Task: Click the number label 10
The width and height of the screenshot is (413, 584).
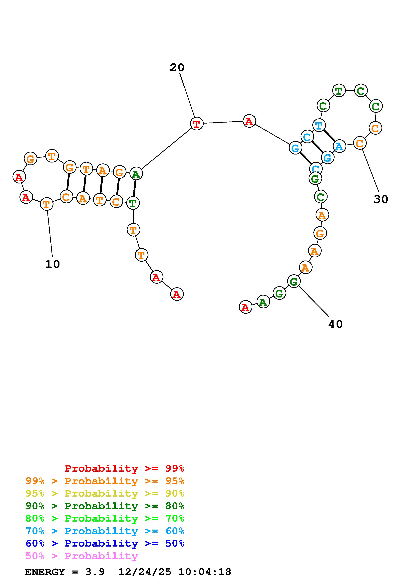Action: [53, 264]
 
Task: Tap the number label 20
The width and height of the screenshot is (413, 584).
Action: [177, 67]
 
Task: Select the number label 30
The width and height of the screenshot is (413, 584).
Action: [381, 199]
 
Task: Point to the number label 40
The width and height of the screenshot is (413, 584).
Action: [335, 324]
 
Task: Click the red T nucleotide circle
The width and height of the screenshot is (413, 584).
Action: [197, 124]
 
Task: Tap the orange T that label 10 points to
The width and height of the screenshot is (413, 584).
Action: [47, 204]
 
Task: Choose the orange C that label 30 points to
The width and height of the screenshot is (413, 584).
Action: [360, 143]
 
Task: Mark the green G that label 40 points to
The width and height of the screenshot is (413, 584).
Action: [294, 282]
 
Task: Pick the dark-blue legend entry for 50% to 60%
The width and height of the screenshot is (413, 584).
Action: [105, 543]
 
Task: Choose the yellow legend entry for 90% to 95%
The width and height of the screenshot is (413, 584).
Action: [105, 493]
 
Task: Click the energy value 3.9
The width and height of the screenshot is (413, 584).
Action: [95, 572]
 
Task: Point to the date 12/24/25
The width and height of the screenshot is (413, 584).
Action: [145, 572]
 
